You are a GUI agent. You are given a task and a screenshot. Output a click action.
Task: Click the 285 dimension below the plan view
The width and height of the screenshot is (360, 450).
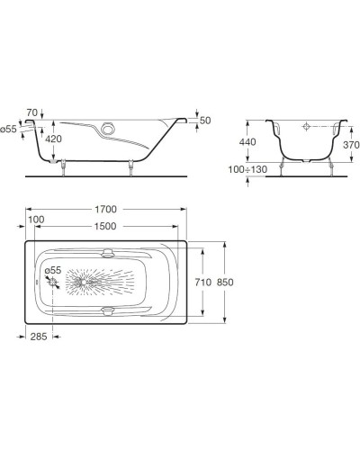[37, 337]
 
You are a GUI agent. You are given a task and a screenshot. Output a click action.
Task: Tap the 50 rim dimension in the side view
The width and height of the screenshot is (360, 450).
[205, 120]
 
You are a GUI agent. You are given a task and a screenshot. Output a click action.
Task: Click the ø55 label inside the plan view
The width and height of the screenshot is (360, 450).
[53, 269]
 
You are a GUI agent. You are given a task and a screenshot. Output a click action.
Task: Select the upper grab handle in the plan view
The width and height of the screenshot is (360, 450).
[108, 253]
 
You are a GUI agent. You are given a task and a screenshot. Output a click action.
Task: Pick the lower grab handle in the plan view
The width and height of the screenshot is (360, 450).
[108, 310]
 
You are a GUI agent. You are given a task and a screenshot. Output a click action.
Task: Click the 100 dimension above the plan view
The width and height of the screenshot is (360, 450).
[35, 220]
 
